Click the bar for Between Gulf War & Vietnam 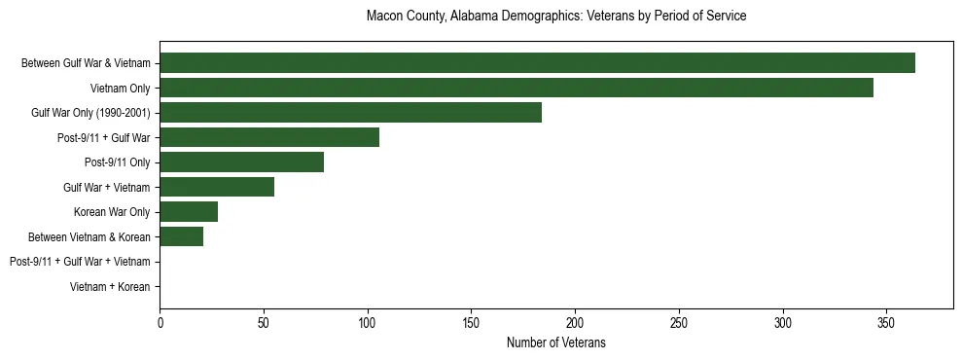point(537,63)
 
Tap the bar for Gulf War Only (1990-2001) point(350,113)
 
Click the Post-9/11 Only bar point(241,162)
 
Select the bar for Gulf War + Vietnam point(217,187)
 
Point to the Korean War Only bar point(189,212)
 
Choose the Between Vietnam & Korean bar point(181,236)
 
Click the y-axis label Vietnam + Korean point(110,287)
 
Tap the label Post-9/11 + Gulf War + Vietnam point(80,262)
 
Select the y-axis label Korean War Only point(112,212)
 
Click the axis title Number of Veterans point(555,342)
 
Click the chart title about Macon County point(555,17)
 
